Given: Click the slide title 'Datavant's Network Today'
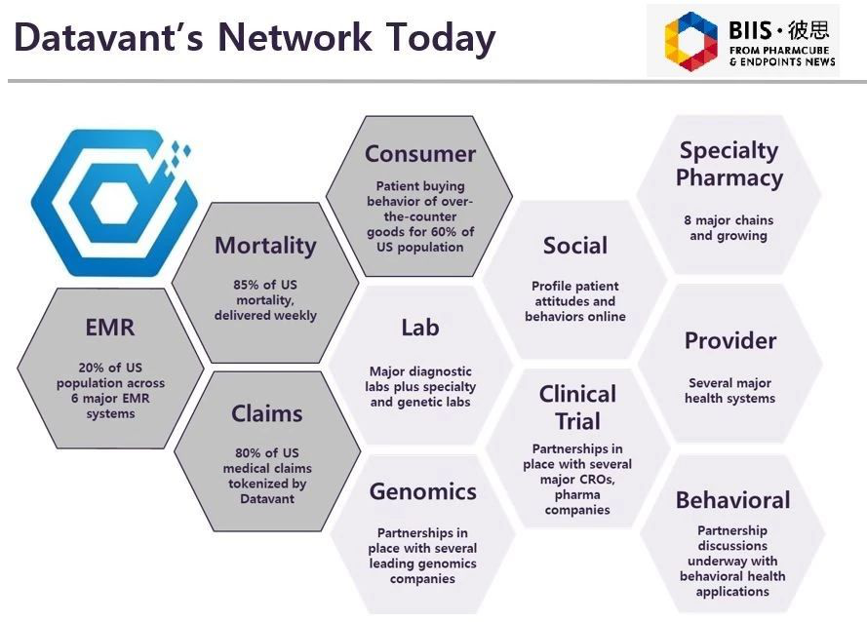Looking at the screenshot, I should (x=255, y=38).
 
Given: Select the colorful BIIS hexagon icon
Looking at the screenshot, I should (x=690, y=42).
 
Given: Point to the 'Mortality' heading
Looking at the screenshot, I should (x=265, y=246).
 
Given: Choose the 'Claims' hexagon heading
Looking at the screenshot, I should (x=266, y=413).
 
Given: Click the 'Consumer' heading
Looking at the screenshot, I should (x=419, y=154).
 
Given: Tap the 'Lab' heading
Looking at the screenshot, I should (x=419, y=328).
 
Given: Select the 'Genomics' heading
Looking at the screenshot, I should (x=422, y=492).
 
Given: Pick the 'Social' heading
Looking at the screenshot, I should (x=575, y=246).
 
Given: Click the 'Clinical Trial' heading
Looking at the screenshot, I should (x=577, y=408).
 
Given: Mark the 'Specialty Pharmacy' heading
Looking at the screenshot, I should (x=729, y=164).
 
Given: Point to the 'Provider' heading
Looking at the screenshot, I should (x=729, y=341).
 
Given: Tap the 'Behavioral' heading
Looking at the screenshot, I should (x=732, y=500).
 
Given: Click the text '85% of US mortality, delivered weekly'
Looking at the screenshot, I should (x=265, y=300).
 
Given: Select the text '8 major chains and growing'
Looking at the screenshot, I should (x=729, y=228).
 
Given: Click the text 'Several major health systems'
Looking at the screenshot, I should (x=729, y=390).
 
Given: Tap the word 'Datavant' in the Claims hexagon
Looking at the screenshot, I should (x=266, y=498).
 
